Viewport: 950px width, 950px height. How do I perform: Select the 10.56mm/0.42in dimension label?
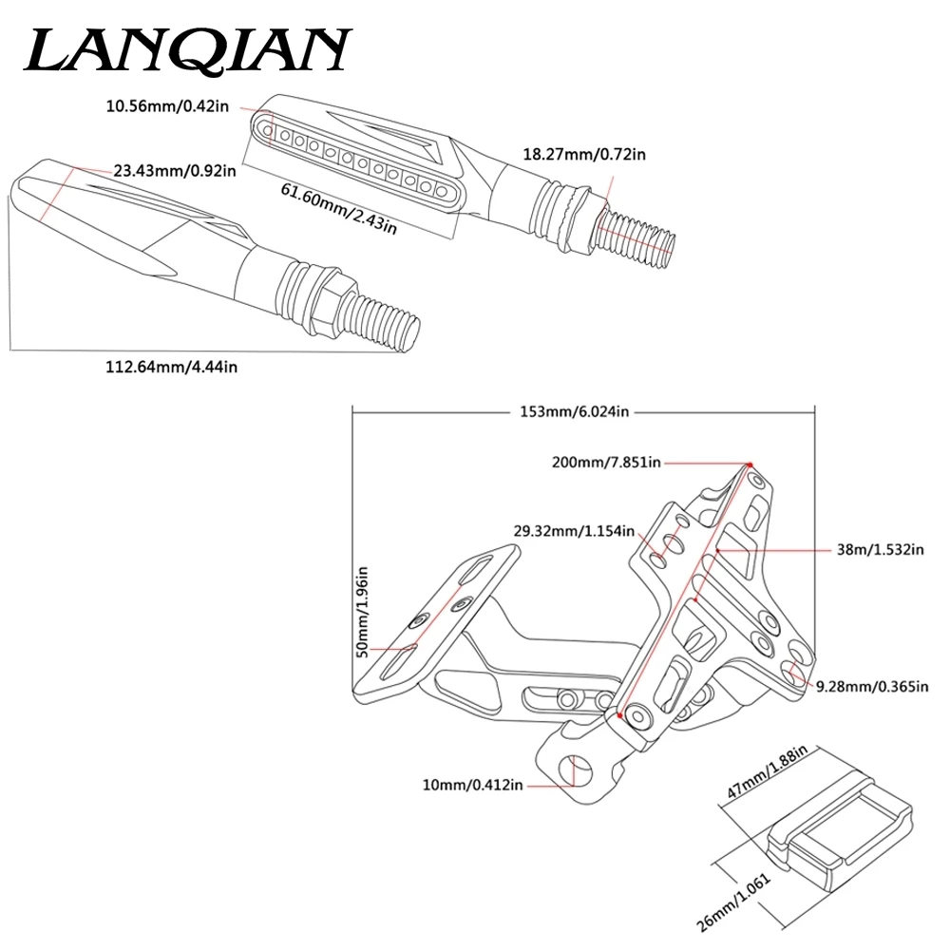pos(168,106)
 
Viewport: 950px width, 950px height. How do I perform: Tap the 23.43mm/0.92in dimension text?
pos(175,171)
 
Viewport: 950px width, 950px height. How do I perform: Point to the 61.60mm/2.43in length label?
pos(339,208)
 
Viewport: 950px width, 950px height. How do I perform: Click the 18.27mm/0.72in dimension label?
pos(584,155)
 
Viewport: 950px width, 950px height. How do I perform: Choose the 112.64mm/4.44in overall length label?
pos(171,367)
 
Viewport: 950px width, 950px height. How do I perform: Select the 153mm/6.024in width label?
pos(575,412)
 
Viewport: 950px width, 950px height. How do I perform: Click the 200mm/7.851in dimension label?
pos(606,463)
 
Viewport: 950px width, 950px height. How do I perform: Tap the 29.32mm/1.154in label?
pos(574,531)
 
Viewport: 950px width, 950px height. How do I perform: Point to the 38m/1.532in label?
pos(881,549)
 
